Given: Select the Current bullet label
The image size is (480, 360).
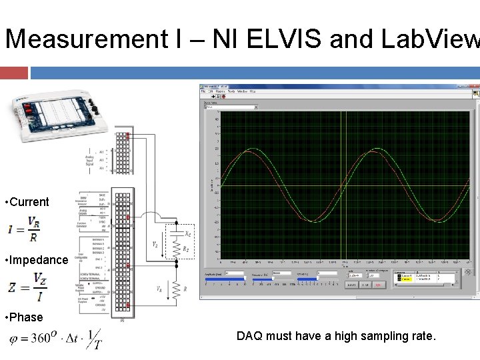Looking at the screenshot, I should [27, 202].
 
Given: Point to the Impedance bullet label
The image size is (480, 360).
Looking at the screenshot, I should [37, 260].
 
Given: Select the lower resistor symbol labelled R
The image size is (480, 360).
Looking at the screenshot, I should [177, 288].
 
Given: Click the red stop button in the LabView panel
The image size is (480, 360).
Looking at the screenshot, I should [378, 285].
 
